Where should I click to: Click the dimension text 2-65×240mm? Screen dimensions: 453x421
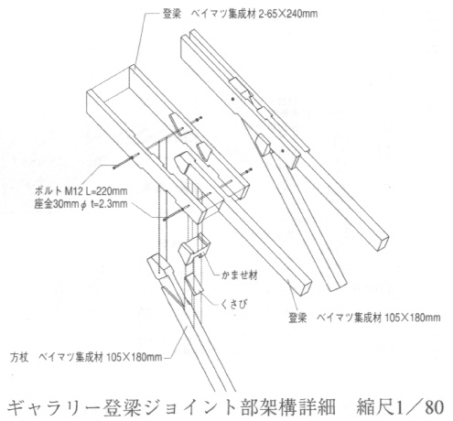pyautogui.click(x=287, y=14)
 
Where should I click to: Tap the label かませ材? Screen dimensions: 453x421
pyautogui.click(x=240, y=275)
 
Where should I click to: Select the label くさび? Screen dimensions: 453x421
pyautogui.click(x=233, y=304)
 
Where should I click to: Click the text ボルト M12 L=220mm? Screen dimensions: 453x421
pyautogui.click(x=81, y=191)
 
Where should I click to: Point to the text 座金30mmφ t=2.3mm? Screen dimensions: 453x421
pyautogui.click(x=81, y=204)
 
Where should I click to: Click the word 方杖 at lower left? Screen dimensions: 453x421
pyautogui.click(x=19, y=357)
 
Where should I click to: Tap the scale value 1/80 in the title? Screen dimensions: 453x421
pyautogui.click(x=418, y=407)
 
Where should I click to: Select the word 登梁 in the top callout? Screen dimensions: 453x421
pyautogui.click(x=172, y=14)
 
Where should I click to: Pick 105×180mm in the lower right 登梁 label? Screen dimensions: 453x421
pyautogui.click(x=412, y=318)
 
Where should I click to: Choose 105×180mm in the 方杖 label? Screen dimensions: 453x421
pyautogui.click(x=135, y=357)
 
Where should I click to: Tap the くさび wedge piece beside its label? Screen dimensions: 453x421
pyautogui.click(x=193, y=284)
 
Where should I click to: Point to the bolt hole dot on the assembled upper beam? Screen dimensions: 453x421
pyautogui.click(x=232, y=99)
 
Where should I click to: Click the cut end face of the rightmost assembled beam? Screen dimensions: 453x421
pyautogui.click(x=383, y=243)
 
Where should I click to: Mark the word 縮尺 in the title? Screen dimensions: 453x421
pyautogui.click(x=374, y=407)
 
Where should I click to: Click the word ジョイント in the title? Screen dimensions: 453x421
pyautogui.click(x=170, y=407)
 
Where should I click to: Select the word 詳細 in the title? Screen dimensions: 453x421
pyautogui.click(x=318, y=407)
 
